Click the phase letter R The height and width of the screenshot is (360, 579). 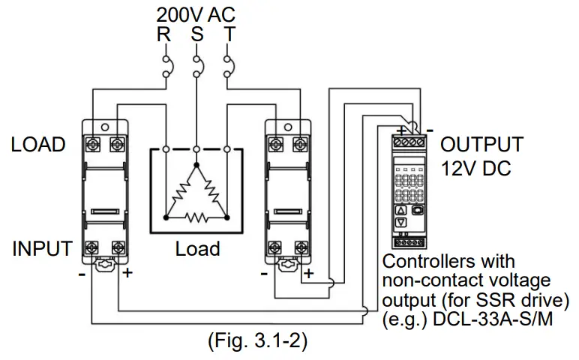164,34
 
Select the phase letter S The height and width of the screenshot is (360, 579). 196,34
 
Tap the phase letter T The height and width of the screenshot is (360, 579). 228,34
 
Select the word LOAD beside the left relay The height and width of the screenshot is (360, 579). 38,145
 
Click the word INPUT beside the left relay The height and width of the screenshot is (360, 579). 41,248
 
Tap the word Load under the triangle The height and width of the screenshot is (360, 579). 197,248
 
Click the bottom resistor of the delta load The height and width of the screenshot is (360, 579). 196,218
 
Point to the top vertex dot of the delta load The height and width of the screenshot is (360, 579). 196,163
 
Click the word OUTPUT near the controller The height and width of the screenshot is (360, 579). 481,145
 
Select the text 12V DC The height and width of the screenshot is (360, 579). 475,169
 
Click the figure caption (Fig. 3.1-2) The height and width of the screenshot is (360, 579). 257,340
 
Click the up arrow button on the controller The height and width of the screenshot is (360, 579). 400,210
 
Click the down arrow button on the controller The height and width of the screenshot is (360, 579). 400,222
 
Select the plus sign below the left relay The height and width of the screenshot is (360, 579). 127,273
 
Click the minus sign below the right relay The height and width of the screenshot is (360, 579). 265,273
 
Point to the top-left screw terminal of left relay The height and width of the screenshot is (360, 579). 93,142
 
